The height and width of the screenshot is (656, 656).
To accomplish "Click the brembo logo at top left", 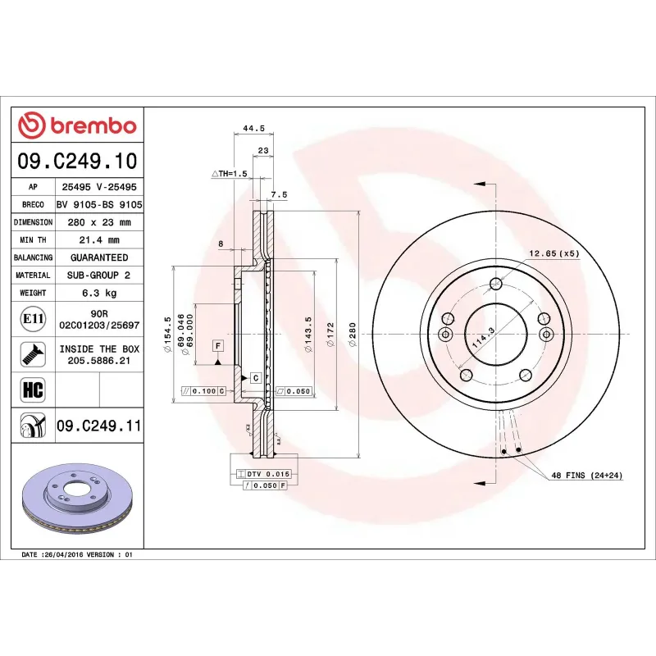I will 77,126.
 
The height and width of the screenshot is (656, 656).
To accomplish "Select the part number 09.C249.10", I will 77,161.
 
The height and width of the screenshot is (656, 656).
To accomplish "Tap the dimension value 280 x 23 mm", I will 98,222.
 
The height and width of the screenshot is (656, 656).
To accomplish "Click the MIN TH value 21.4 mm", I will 98,240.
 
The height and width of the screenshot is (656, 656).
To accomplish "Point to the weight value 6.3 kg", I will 98,293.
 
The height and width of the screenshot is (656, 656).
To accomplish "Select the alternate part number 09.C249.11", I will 98,426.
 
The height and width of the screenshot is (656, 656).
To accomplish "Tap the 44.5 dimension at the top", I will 253,128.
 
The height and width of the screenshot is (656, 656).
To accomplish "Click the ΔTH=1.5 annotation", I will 229,174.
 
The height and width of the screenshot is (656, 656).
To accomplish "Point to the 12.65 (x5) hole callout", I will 553,253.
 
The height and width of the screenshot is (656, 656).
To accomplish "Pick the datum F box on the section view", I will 219,345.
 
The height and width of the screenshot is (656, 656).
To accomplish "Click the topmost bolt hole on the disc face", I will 495,285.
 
